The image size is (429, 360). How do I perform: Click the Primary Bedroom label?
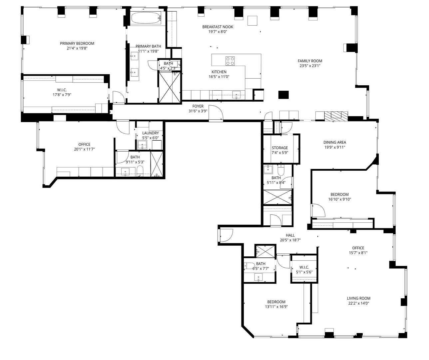click(x=77, y=43)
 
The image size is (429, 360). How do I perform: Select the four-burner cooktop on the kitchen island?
click(x=230, y=61)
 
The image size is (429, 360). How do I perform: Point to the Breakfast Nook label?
click(x=217, y=27)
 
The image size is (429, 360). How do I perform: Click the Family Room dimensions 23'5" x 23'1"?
click(x=310, y=66)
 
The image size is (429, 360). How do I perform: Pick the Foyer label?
click(x=198, y=106)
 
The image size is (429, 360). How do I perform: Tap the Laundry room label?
click(x=151, y=133)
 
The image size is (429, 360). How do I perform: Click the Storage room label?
click(x=280, y=148)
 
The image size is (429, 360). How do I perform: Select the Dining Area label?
click(x=335, y=142)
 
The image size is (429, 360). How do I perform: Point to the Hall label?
click(x=290, y=235)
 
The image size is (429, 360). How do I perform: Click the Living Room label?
click(x=358, y=298)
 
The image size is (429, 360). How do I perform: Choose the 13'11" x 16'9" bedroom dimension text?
click(x=276, y=307)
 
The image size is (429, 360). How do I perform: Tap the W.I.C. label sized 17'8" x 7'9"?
click(x=62, y=90)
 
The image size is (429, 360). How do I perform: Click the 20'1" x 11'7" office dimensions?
click(x=84, y=149)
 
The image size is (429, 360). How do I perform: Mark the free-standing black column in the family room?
click(x=283, y=95)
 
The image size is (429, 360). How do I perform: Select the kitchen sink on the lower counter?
click(x=236, y=95)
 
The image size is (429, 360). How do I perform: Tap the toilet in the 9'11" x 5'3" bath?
click(x=140, y=171)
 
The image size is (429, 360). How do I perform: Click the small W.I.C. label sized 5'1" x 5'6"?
click(x=304, y=267)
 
